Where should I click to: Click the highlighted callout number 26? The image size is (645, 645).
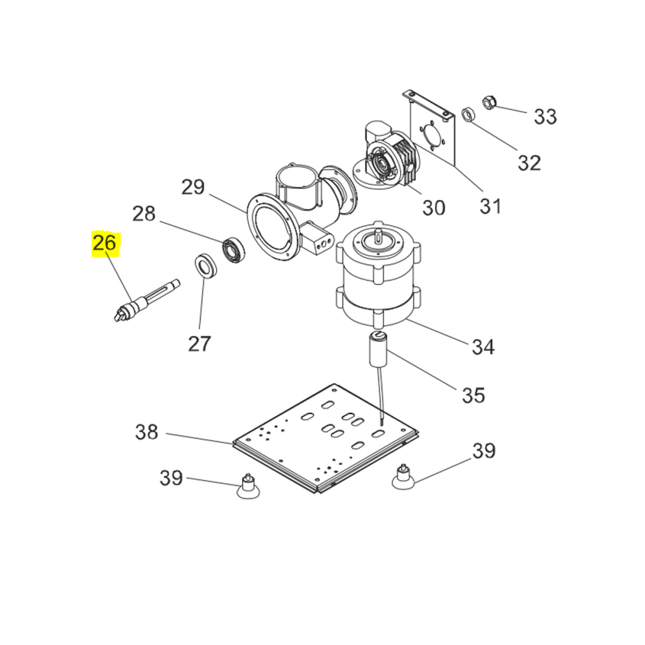pyautogui.click(x=104, y=243)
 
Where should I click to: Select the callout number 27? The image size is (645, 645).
pyautogui.click(x=199, y=343)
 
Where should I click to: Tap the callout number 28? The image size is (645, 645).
pyautogui.click(x=144, y=213)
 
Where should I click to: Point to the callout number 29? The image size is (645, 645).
pyautogui.click(x=193, y=187)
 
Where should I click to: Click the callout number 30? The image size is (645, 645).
pyautogui.click(x=433, y=207)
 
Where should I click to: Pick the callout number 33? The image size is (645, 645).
pyautogui.click(x=545, y=116)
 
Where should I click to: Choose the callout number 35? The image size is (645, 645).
pyautogui.click(x=473, y=395)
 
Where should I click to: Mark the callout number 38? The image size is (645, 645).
pyautogui.click(x=146, y=432)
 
